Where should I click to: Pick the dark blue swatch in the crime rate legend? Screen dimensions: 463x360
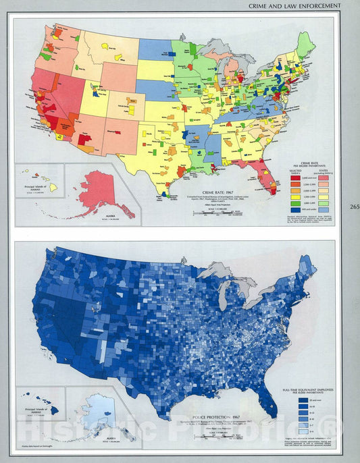pos(286,211)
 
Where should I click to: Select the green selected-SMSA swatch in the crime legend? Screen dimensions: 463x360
pos(286,202)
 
